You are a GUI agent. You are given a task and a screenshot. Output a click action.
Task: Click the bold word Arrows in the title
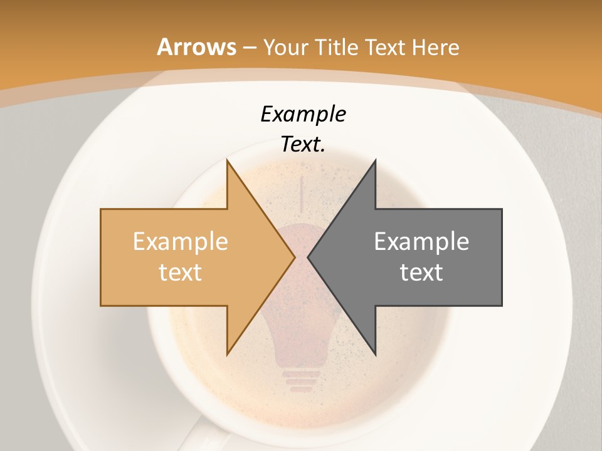pyautogui.click(x=197, y=47)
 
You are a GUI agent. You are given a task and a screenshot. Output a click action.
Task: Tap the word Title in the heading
pyautogui.click(x=336, y=47)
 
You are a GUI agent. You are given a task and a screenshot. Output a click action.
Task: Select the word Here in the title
pyautogui.click(x=436, y=47)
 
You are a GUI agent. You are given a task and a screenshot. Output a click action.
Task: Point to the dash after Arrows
pyautogui.click(x=249, y=48)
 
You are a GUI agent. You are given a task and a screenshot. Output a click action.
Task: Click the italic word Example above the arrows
pyautogui.click(x=303, y=114)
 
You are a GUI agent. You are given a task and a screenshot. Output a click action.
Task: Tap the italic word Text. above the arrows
pyautogui.click(x=303, y=144)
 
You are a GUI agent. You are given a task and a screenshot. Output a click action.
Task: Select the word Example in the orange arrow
pyautogui.click(x=181, y=241)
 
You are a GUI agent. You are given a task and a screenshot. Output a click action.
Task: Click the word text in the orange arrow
pyautogui.click(x=181, y=272)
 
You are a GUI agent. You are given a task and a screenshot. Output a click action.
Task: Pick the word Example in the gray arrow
pyautogui.click(x=421, y=241)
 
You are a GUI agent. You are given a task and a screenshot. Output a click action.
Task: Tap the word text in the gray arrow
pyautogui.click(x=421, y=272)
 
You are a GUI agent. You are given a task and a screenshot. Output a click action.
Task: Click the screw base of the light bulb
pyautogui.click(x=301, y=380)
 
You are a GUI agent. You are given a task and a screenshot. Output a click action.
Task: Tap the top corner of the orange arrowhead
pyautogui.click(x=228, y=161)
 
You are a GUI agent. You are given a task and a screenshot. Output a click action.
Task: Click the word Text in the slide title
pyautogui.click(x=384, y=47)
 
